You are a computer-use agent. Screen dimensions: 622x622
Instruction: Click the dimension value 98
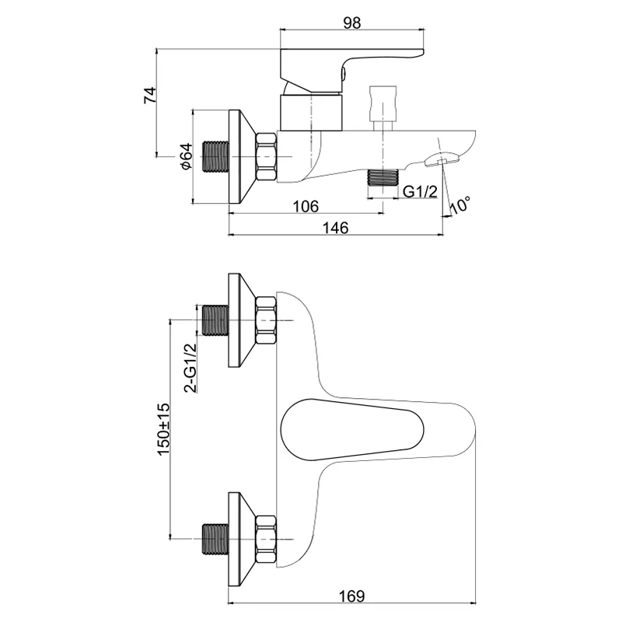[352, 23]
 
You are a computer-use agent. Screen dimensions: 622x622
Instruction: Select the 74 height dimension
[150, 96]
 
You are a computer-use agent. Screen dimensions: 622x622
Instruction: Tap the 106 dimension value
[306, 206]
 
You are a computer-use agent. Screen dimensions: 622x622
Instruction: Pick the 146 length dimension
[335, 228]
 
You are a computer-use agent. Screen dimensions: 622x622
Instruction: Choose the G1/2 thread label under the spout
[421, 192]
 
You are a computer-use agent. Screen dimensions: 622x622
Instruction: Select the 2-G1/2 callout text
[190, 368]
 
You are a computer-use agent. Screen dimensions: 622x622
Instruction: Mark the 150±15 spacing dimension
[163, 429]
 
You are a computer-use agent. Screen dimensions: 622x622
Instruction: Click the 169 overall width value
[351, 596]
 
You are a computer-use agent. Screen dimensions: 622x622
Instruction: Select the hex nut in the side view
[267, 157]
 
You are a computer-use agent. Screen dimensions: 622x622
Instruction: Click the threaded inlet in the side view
[216, 157]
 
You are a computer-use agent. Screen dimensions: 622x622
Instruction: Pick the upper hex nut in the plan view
[267, 320]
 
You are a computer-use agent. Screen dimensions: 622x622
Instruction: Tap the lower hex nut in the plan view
[267, 539]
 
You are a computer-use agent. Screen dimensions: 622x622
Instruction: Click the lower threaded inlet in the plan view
[216, 539]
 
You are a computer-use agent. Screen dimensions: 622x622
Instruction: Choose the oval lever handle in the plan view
[352, 430]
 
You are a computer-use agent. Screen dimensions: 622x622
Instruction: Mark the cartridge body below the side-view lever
[310, 112]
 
